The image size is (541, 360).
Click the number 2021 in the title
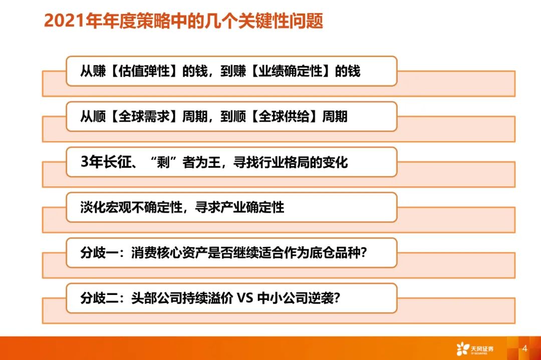point(64,21)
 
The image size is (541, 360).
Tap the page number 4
point(524,348)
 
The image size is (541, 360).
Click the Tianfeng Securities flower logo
point(463,348)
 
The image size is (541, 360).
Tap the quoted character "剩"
point(163,162)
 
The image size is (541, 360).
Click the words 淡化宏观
point(105,207)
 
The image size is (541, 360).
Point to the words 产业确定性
point(252,207)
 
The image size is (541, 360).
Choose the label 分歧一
point(99,253)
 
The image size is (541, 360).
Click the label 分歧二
point(99,298)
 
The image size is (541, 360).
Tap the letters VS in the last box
point(245,298)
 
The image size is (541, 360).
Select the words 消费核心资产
point(169,253)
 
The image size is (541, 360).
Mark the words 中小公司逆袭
point(296,298)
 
